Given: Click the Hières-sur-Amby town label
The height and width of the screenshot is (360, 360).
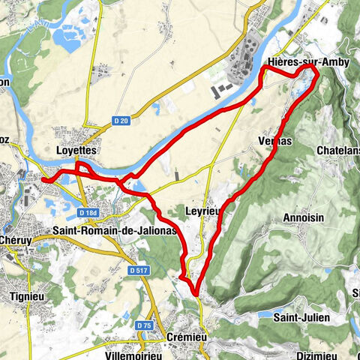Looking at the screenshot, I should tap(308, 61).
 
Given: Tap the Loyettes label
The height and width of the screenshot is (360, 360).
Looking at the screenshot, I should tap(77, 150).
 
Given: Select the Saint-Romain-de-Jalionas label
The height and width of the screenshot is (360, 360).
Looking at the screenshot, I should tap(115, 231).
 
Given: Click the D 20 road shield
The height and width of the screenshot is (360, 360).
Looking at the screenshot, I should tap(121, 119).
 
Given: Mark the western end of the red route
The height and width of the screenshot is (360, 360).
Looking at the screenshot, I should tap(43, 179).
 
